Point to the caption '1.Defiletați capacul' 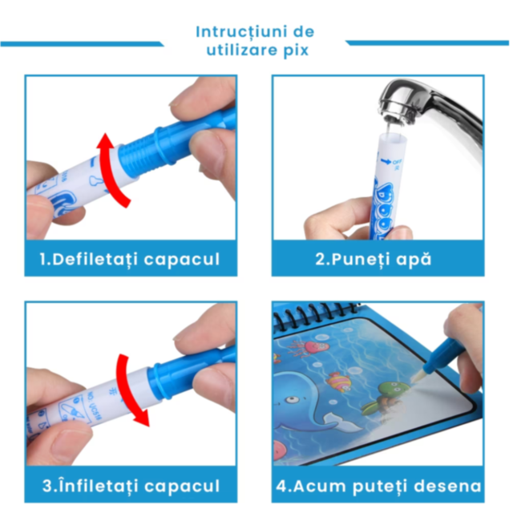click(x=130, y=259)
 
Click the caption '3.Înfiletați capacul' click(x=130, y=486)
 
